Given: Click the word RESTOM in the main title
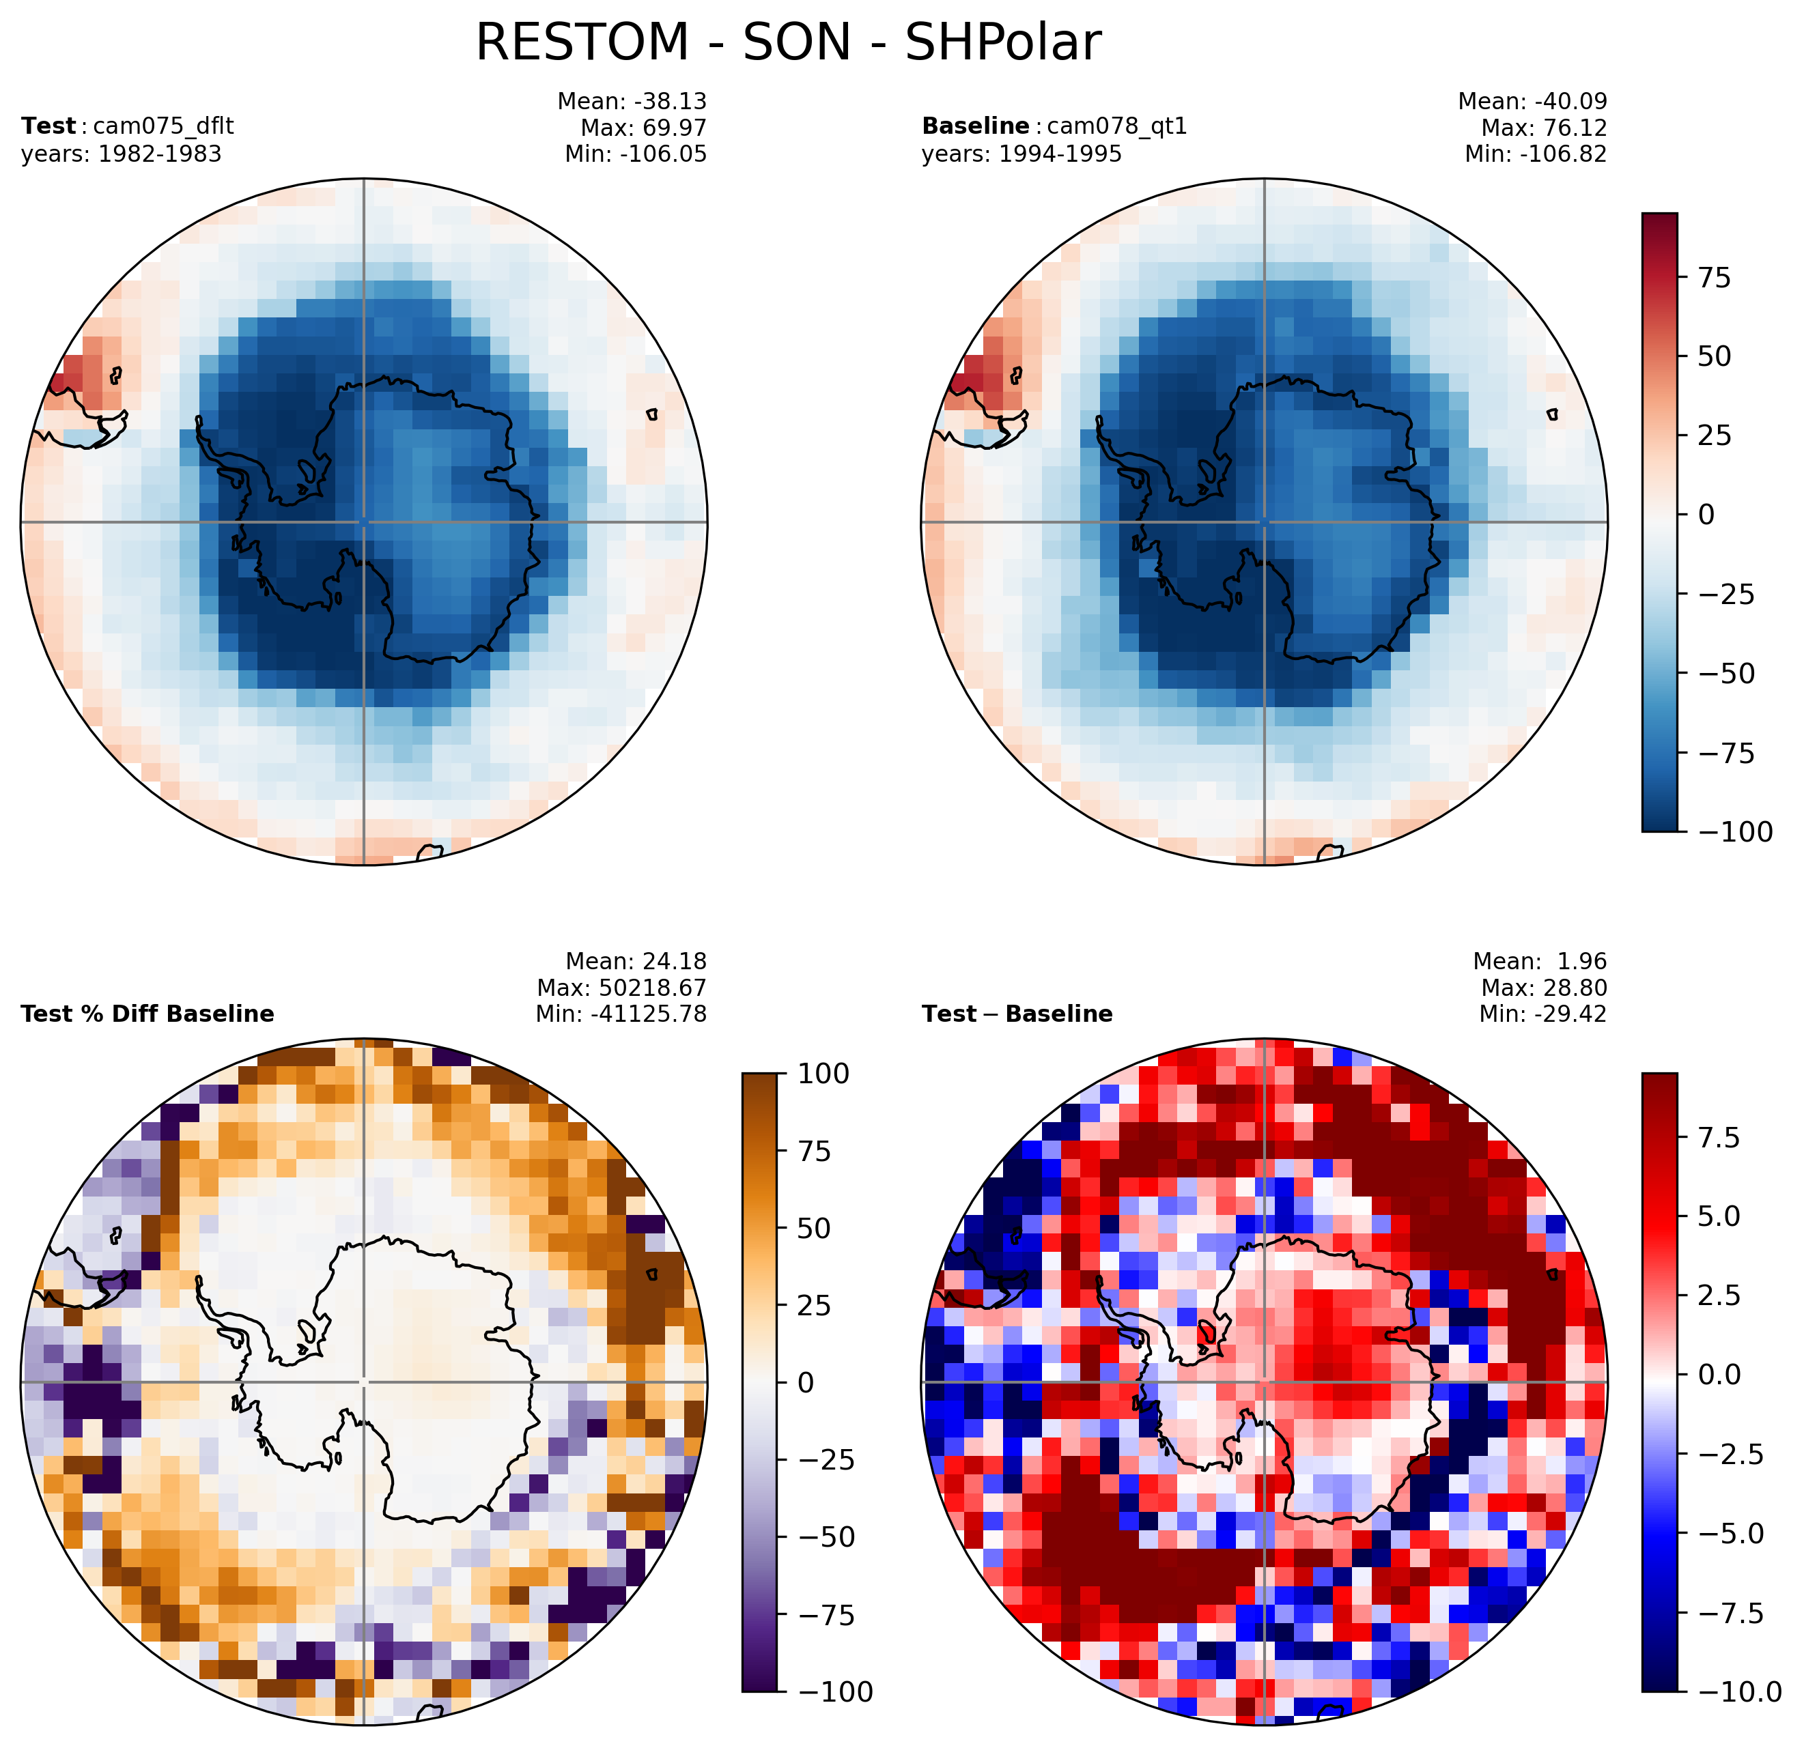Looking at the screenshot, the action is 582,42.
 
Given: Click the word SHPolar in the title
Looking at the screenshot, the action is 1003,42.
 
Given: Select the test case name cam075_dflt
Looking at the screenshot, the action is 158,126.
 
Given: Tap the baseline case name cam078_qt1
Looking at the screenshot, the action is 1117,126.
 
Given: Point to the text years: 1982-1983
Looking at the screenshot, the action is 122,154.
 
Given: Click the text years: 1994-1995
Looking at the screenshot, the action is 1021,154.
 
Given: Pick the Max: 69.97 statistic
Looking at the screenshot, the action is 643,128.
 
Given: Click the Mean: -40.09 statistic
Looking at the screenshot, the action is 1532,101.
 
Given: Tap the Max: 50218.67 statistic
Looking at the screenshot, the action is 622,988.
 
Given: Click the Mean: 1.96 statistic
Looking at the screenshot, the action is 1540,961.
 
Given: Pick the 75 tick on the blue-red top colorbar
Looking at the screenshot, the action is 1715,277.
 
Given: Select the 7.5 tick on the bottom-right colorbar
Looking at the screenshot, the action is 1719,1138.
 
